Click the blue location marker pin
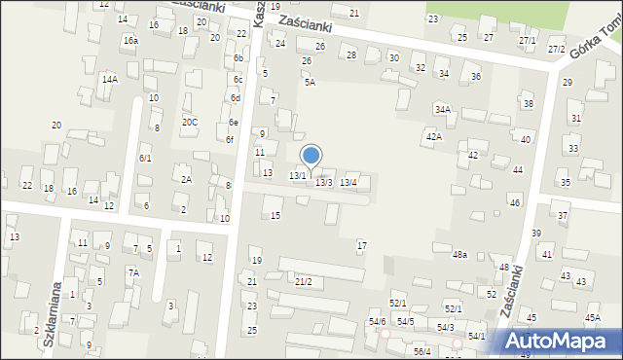click(x=311, y=156)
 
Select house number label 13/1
click(x=298, y=175)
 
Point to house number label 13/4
click(x=348, y=182)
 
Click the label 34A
click(x=443, y=110)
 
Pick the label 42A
click(x=432, y=136)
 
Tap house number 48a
click(x=459, y=254)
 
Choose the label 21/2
click(x=304, y=281)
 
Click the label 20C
click(x=190, y=122)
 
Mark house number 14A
click(x=110, y=79)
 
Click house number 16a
click(x=130, y=40)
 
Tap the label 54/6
click(x=377, y=321)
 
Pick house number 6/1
click(x=145, y=158)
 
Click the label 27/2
click(x=556, y=49)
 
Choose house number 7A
click(x=132, y=272)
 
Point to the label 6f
click(x=230, y=139)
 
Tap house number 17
click(x=362, y=245)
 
